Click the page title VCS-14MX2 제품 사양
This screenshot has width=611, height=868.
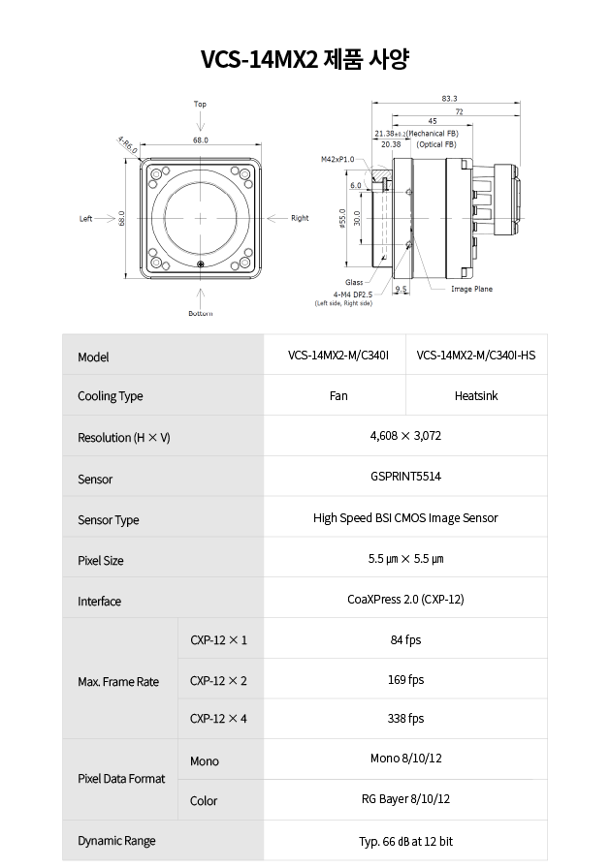(x=305, y=59)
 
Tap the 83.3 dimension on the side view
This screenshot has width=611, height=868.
(x=449, y=99)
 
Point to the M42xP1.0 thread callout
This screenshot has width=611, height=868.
(x=338, y=160)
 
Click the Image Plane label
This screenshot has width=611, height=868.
(x=471, y=289)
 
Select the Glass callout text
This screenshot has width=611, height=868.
(x=354, y=282)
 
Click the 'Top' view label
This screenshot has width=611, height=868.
(x=200, y=104)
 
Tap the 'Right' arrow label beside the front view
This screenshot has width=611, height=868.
(x=300, y=218)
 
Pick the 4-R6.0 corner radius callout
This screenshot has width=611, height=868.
(x=127, y=145)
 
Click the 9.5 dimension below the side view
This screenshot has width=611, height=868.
(x=401, y=289)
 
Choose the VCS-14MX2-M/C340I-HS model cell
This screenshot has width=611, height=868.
(x=476, y=356)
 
